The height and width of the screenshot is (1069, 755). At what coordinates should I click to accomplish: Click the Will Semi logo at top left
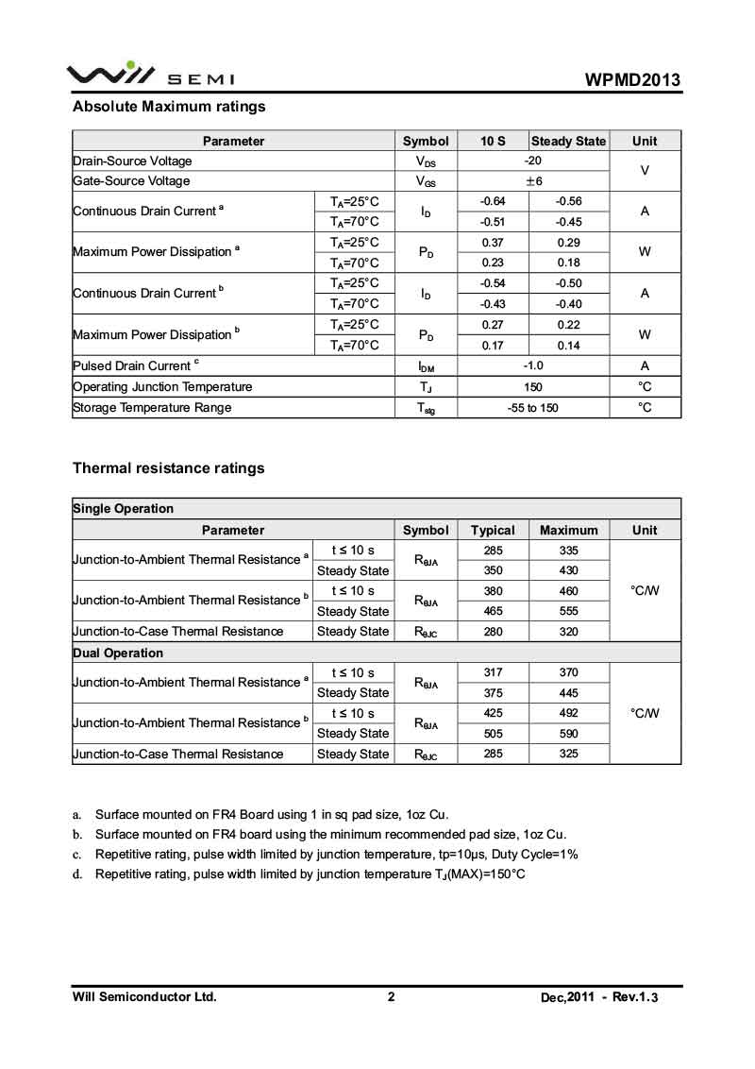(x=150, y=75)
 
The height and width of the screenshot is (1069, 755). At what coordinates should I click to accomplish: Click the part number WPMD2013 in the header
(x=632, y=79)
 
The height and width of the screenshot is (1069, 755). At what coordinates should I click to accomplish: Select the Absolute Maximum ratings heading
(x=169, y=107)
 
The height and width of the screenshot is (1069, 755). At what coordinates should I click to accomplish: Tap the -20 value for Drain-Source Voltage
(x=533, y=161)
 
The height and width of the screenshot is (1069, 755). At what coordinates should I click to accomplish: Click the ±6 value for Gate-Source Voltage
(x=533, y=181)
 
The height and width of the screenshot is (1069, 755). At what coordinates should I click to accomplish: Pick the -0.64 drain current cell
(x=493, y=201)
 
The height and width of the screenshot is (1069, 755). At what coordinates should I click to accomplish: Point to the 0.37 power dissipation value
(x=493, y=243)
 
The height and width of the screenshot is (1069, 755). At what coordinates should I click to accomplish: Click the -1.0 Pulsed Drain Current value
(x=533, y=365)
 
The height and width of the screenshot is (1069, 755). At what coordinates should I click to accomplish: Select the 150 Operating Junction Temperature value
(x=533, y=386)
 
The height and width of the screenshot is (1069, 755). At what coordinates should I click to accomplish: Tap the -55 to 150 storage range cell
(x=533, y=408)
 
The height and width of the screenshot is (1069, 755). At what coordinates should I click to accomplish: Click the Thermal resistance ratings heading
(x=169, y=468)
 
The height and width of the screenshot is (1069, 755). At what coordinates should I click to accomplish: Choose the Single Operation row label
(x=124, y=509)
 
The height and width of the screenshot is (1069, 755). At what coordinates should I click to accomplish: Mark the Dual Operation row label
(x=118, y=653)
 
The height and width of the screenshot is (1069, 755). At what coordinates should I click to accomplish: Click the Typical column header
(x=493, y=530)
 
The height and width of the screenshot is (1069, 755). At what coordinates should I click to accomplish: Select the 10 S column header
(x=493, y=141)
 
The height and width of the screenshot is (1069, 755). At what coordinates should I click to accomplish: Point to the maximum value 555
(x=568, y=611)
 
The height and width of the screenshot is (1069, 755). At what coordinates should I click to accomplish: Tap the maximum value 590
(x=568, y=734)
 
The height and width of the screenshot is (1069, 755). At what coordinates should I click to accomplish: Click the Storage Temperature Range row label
(x=152, y=408)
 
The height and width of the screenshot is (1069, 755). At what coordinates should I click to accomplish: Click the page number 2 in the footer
(x=391, y=997)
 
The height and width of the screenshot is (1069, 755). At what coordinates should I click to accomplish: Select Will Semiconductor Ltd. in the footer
(x=144, y=997)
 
